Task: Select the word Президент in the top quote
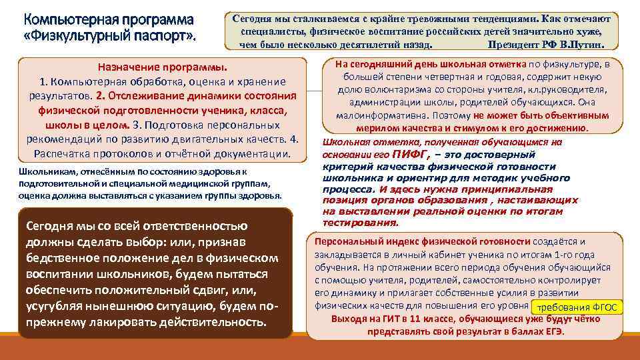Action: tap(511, 45)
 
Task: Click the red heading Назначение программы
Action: tap(162, 68)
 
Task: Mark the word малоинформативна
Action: tap(373, 115)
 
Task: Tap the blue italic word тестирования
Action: tap(359, 223)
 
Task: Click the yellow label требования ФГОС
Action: tap(576, 307)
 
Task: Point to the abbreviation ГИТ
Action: tap(385, 319)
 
